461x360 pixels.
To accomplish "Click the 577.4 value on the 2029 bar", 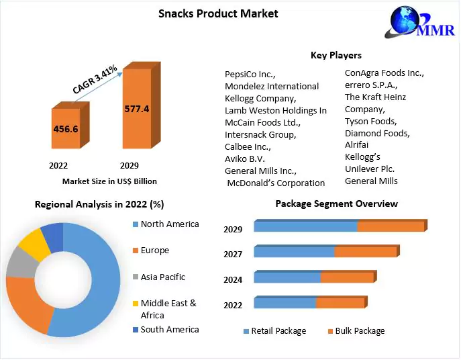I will coord(136,107).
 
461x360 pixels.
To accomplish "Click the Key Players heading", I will coord(336,55).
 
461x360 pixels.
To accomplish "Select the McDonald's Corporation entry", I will coord(276,183).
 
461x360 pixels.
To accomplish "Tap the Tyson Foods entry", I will coord(370,121).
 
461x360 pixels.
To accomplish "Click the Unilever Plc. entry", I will coord(370,169).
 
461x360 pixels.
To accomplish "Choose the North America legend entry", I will coord(169,224).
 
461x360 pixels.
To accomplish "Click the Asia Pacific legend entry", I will coord(162,277).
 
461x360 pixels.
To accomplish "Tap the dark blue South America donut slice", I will coord(52,234).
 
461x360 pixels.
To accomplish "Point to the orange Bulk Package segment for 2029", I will coord(391,226).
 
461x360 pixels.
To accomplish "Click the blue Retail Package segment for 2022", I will coord(285,303).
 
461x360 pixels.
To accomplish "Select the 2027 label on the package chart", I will coord(232,255).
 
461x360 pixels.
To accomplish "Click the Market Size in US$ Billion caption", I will coord(109,181).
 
